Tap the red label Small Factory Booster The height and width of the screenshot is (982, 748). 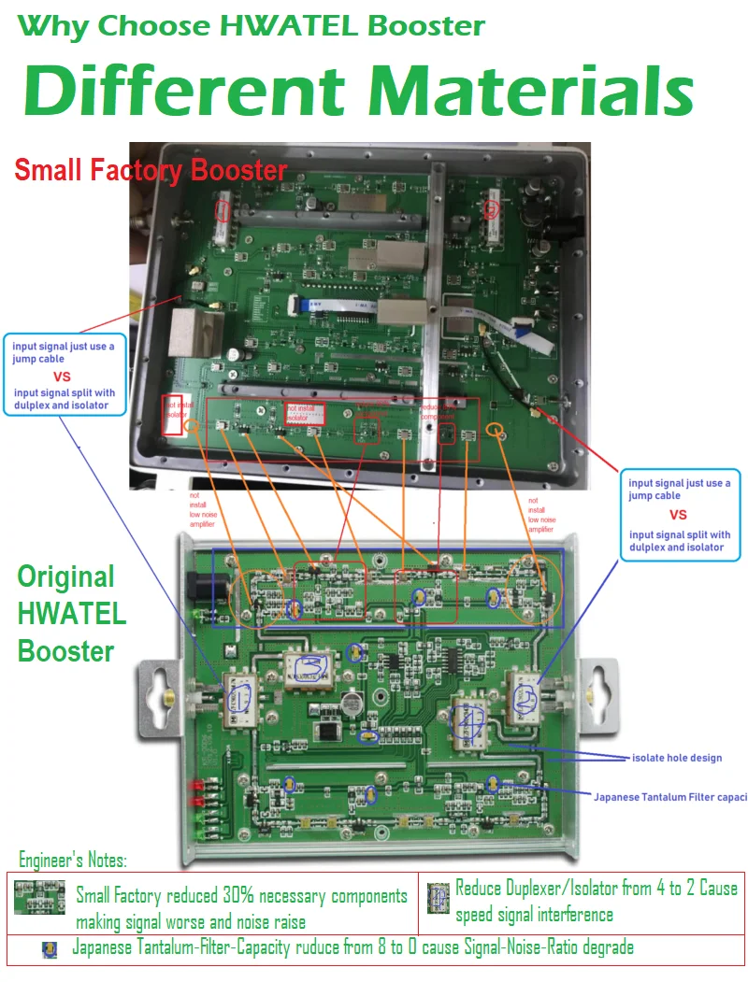[151, 170]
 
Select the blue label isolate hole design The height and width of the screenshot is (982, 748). [677, 758]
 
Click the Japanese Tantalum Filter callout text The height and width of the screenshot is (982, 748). [670, 797]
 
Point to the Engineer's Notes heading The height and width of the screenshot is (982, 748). [73, 860]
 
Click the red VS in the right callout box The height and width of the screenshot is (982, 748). [678, 515]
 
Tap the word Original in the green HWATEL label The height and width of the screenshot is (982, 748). [65, 576]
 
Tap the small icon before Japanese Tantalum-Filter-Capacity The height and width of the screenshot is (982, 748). [50, 949]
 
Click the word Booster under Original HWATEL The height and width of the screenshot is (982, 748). [65, 650]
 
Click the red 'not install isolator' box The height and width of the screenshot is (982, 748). [173, 413]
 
